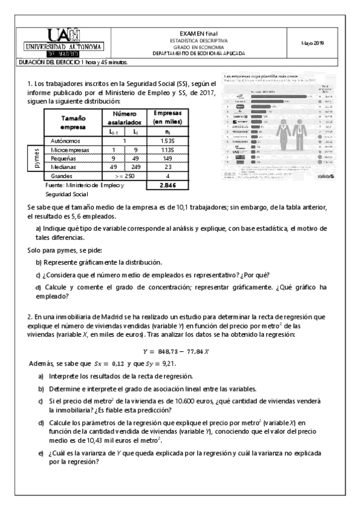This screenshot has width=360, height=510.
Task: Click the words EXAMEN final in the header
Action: [x=198, y=34]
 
